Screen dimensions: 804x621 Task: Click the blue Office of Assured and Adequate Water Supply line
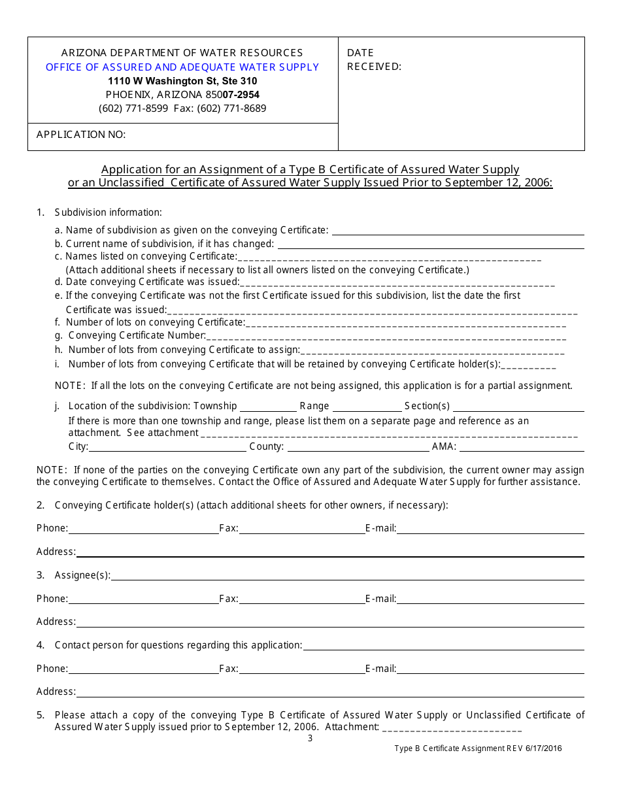pos(182,67)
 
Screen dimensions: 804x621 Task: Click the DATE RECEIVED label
pos(374,59)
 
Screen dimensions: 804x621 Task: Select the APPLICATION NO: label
pos(81,135)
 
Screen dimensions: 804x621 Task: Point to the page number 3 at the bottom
pos(310,739)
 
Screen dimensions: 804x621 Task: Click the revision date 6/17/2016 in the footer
pos(543,749)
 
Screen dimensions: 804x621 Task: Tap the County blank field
pos(358,447)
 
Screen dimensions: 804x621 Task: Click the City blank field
pos(167,447)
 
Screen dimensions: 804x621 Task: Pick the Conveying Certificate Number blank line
pos(386,337)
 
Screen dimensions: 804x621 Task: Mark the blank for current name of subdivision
pos(431,244)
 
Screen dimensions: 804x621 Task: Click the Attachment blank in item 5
pos(452,728)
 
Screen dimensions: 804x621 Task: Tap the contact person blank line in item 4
pos(443,646)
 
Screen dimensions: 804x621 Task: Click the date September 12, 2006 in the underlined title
pos(499,183)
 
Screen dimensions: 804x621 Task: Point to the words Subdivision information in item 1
pos(109,212)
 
